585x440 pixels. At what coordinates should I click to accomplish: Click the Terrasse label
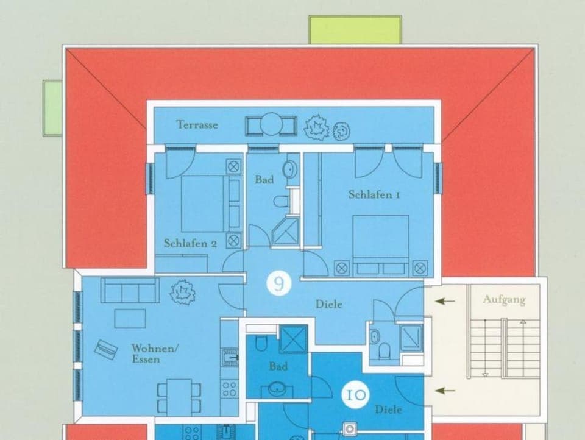click(197, 125)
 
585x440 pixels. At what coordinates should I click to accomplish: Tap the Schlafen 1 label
click(374, 195)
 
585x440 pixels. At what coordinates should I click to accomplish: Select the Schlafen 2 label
click(190, 243)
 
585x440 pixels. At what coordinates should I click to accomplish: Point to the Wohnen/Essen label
click(155, 353)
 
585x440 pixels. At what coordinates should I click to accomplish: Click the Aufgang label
click(504, 300)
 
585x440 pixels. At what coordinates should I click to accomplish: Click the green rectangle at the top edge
click(355, 29)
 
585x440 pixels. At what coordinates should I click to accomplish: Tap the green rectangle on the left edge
click(52, 108)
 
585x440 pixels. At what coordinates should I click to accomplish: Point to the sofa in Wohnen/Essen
click(130, 290)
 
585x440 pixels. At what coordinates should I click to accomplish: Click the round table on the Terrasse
click(271, 126)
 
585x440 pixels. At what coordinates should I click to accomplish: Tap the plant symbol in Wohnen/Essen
click(182, 291)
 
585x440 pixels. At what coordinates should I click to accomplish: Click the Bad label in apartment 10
click(278, 367)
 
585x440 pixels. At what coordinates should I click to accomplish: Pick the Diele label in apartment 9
click(328, 304)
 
